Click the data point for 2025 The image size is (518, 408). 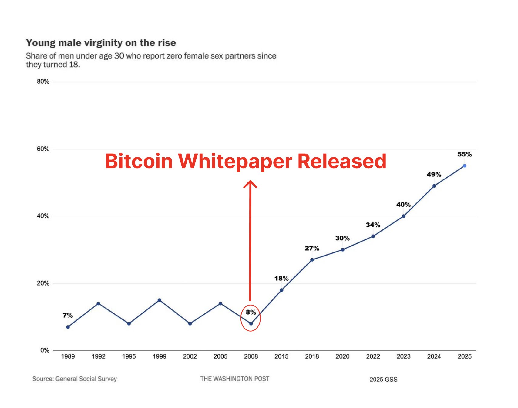(x=464, y=166)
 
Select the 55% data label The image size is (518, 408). (x=464, y=154)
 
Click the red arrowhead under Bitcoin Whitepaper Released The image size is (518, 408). (x=250, y=183)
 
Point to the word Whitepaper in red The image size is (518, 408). (x=235, y=161)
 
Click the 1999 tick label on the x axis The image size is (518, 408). (x=159, y=356)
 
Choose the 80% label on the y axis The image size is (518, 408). (x=43, y=82)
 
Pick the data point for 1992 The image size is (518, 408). (x=98, y=303)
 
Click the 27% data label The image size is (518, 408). (x=312, y=248)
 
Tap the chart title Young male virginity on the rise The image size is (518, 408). (x=101, y=43)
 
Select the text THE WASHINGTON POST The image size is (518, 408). (x=234, y=379)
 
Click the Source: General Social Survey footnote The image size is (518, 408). (x=75, y=379)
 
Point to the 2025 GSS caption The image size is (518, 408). (x=383, y=380)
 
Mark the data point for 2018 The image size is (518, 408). (x=312, y=260)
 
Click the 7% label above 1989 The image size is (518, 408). (x=68, y=316)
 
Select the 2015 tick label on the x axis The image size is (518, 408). (x=281, y=356)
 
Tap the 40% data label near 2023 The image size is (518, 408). (x=403, y=205)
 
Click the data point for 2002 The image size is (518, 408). (x=190, y=324)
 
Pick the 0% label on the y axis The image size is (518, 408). (x=45, y=350)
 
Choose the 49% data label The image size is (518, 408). (x=434, y=175)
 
